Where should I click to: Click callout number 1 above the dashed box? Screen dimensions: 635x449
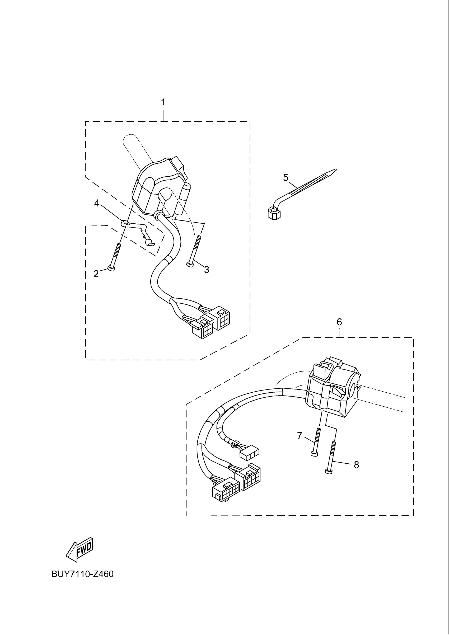pyautogui.click(x=163, y=102)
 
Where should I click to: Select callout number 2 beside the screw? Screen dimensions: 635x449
pyautogui.click(x=96, y=274)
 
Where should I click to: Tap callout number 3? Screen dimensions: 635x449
pyautogui.click(x=207, y=269)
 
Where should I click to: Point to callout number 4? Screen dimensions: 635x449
pyautogui.click(x=97, y=203)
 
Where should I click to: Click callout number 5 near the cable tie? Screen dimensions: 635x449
pyautogui.click(x=286, y=177)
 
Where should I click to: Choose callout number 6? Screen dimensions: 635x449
pyautogui.click(x=339, y=322)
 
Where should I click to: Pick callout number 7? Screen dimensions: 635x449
pyautogui.click(x=300, y=436)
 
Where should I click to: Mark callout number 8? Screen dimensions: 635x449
pyautogui.click(x=356, y=465)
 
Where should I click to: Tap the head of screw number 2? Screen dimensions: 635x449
pyautogui.click(x=111, y=269)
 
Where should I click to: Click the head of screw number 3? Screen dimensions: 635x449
pyautogui.click(x=190, y=265)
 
